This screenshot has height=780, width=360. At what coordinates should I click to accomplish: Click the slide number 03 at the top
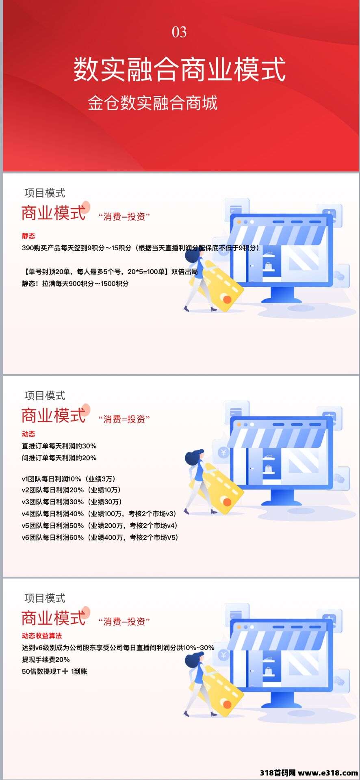(x=179, y=32)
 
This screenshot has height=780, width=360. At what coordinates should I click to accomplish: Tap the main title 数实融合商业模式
(x=180, y=69)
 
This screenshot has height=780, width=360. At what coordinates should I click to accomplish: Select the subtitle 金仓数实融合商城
(x=153, y=103)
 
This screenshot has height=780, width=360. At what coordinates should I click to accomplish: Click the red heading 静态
(x=28, y=236)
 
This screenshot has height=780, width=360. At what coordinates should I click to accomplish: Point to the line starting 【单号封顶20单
(x=110, y=272)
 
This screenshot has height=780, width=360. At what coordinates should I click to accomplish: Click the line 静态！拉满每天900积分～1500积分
(x=75, y=284)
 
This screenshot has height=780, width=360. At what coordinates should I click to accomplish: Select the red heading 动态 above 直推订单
(x=28, y=434)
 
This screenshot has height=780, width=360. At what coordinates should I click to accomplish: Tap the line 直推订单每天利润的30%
(x=59, y=446)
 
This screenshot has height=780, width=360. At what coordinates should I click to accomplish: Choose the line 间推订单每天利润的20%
(x=59, y=458)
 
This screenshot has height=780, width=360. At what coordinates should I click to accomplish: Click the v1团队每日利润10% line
(x=69, y=479)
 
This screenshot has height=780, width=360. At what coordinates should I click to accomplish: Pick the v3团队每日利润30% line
(x=72, y=502)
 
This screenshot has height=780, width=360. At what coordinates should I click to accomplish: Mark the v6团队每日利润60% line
(x=100, y=537)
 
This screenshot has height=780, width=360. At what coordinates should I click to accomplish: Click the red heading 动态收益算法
(x=42, y=636)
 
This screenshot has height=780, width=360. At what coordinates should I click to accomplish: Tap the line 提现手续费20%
(x=46, y=659)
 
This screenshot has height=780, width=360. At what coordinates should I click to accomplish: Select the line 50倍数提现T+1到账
(x=54, y=672)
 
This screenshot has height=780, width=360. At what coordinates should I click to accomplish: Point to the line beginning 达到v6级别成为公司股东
(x=118, y=648)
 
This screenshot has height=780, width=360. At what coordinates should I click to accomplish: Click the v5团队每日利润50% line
(x=100, y=525)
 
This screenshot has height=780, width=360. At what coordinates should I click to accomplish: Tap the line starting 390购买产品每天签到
(x=141, y=248)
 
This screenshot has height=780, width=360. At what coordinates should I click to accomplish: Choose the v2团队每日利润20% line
(x=72, y=490)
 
